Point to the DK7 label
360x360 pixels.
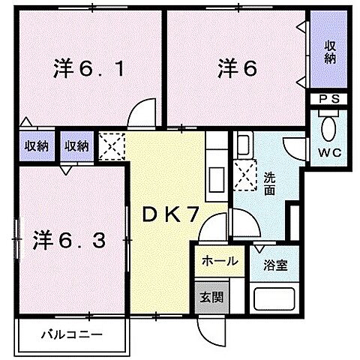171,216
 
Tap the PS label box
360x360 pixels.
328,98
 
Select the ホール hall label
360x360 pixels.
220,262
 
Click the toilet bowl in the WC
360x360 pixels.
328,127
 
